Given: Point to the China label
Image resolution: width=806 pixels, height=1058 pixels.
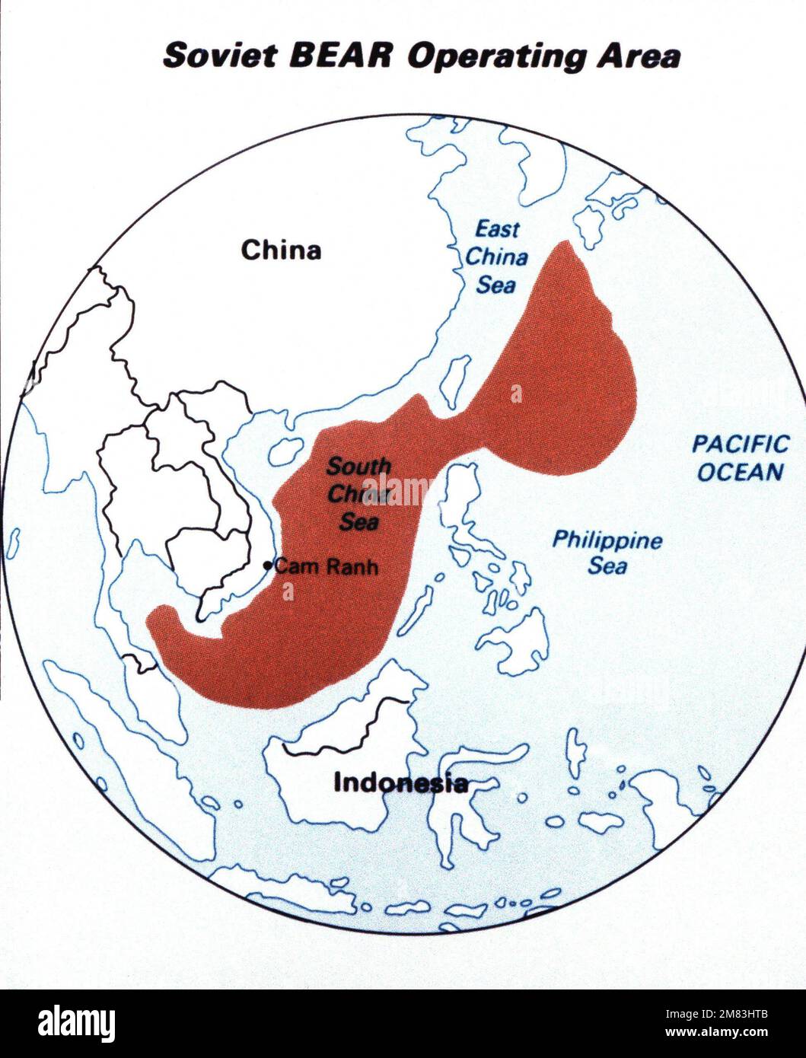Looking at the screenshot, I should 281,250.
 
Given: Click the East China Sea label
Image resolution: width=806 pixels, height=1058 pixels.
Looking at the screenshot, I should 497,257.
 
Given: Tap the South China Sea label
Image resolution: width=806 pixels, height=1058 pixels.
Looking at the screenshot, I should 358,493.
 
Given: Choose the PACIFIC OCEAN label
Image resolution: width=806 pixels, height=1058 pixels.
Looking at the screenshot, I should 741,458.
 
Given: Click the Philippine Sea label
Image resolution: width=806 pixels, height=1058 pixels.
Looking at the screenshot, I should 607,553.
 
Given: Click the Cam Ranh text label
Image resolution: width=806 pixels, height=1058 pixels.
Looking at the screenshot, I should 326,566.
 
